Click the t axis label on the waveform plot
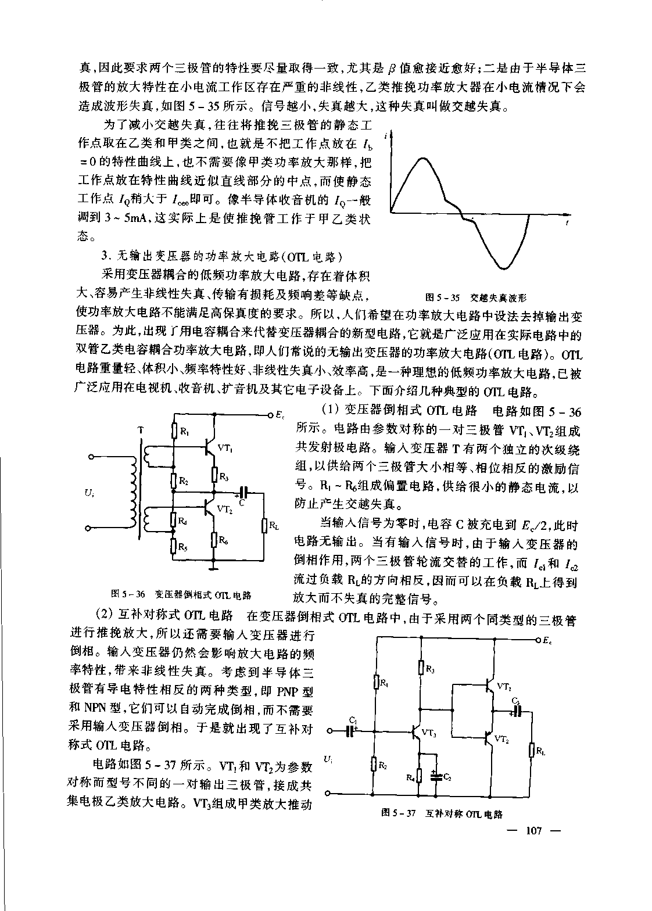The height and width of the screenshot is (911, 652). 567,223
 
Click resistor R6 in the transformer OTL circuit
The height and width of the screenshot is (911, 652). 214,540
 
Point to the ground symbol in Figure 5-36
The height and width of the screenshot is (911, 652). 214,564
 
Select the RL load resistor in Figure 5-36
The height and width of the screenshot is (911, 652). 264,526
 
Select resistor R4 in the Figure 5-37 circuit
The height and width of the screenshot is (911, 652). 418,775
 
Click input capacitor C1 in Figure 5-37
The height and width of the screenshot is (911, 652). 351,730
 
